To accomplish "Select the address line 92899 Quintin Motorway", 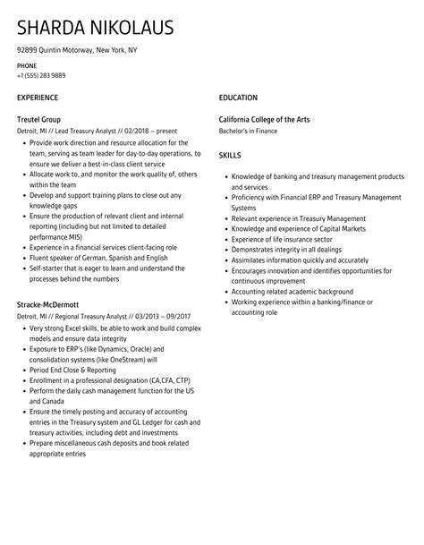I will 77,50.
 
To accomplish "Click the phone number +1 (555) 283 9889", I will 46,75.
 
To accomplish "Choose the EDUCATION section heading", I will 238,98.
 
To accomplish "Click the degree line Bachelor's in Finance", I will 248,131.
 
